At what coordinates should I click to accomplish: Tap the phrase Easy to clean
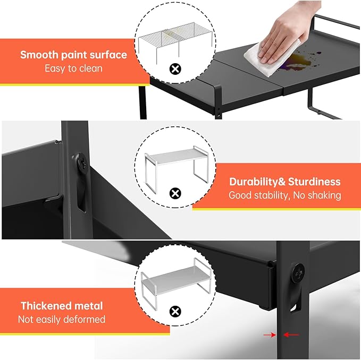click(x=73, y=68)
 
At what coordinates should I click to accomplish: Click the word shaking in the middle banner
click(x=321, y=195)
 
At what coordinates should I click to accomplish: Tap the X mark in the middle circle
click(x=174, y=193)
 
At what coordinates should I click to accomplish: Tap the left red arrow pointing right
click(x=273, y=335)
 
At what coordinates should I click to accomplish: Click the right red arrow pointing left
click(x=292, y=335)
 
